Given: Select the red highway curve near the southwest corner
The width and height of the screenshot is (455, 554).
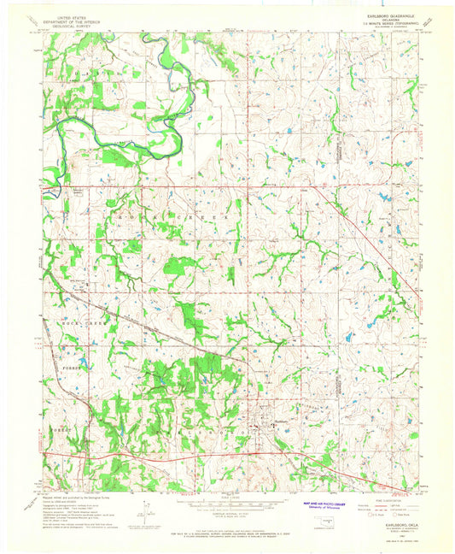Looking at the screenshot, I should tap(85, 459).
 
